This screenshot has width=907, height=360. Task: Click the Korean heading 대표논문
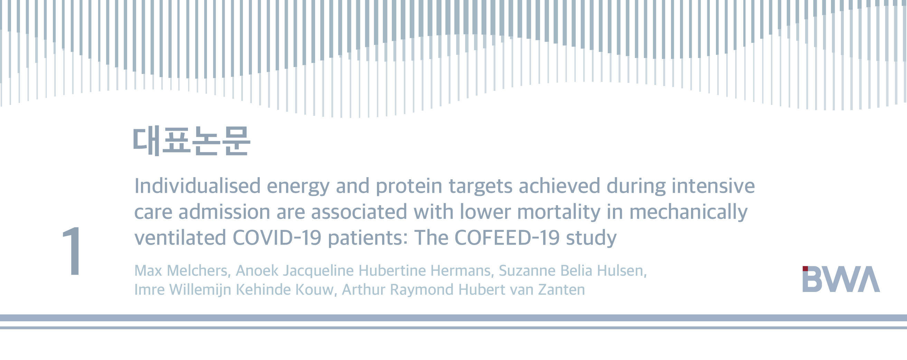[191, 141]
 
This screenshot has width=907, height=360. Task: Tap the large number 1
[72, 251]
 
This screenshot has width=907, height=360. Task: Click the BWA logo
[841, 279]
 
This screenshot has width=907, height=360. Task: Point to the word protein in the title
[409, 187]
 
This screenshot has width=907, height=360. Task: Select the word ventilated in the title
[180, 238]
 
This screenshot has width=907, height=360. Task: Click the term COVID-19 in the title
[277, 238]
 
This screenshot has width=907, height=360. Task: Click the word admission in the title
[224, 212]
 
